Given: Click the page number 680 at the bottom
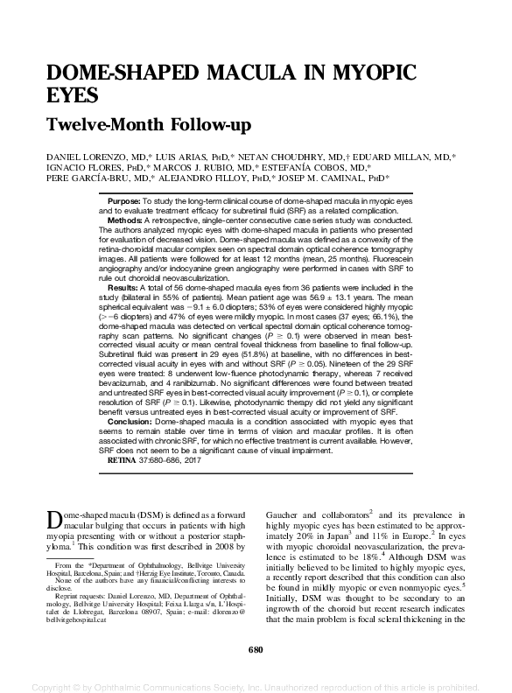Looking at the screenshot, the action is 256,649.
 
